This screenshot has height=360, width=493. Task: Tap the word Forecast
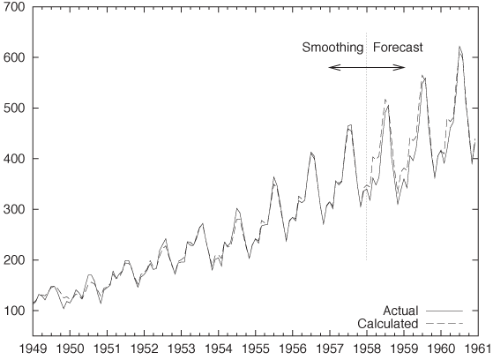tap(398, 48)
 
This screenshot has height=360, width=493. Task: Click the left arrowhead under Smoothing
tap(331, 67)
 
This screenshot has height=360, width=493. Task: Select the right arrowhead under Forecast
tap(402, 67)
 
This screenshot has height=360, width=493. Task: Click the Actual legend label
tap(400, 311)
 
